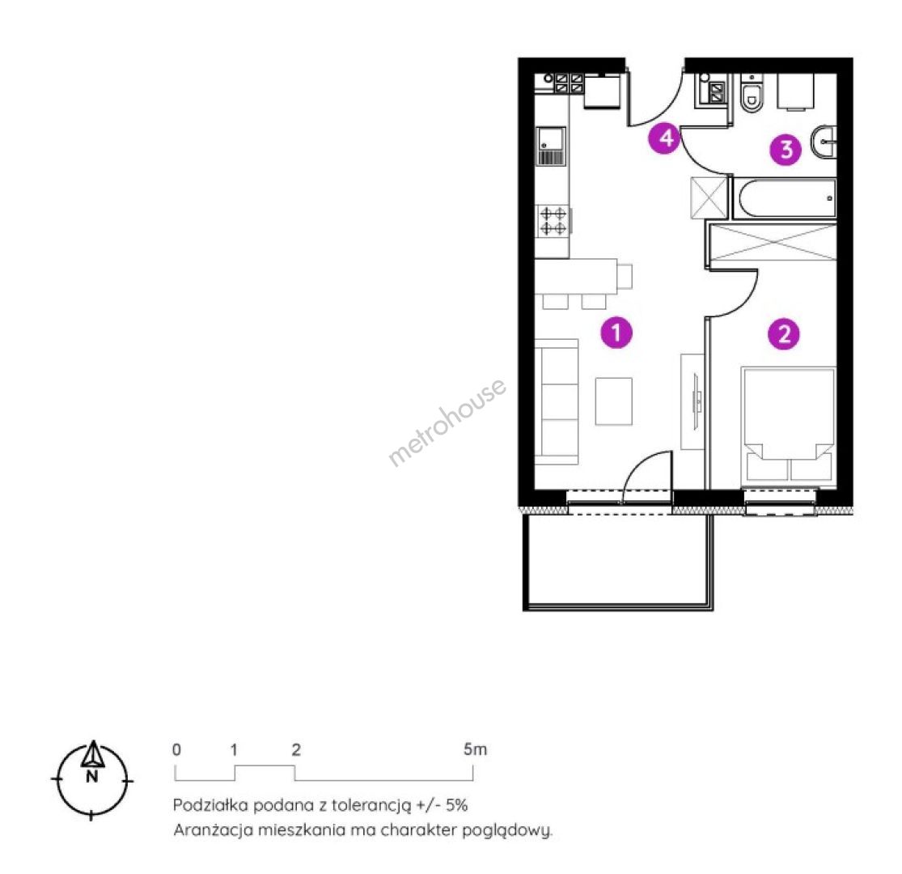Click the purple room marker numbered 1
(x=616, y=333)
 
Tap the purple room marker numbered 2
(x=784, y=333)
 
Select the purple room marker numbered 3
(x=786, y=150)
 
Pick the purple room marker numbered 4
(x=665, y=138)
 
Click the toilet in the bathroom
(x=752, y=92)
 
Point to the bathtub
(x=784, y=198)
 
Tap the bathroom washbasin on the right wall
(x=824, y=142)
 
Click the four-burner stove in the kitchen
(x=553, y=221)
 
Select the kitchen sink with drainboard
(x=551, y=146)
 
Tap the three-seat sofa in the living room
(x=557, y=401)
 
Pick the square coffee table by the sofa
(x=614, y=401)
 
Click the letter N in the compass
(x=92, y=777)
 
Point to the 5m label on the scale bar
(x=475, y=749)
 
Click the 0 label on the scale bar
(x=176, y=749)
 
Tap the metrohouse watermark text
(x=447, y=422)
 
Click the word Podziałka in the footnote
(x=210, y=805)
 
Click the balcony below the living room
(x=618, y=561)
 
